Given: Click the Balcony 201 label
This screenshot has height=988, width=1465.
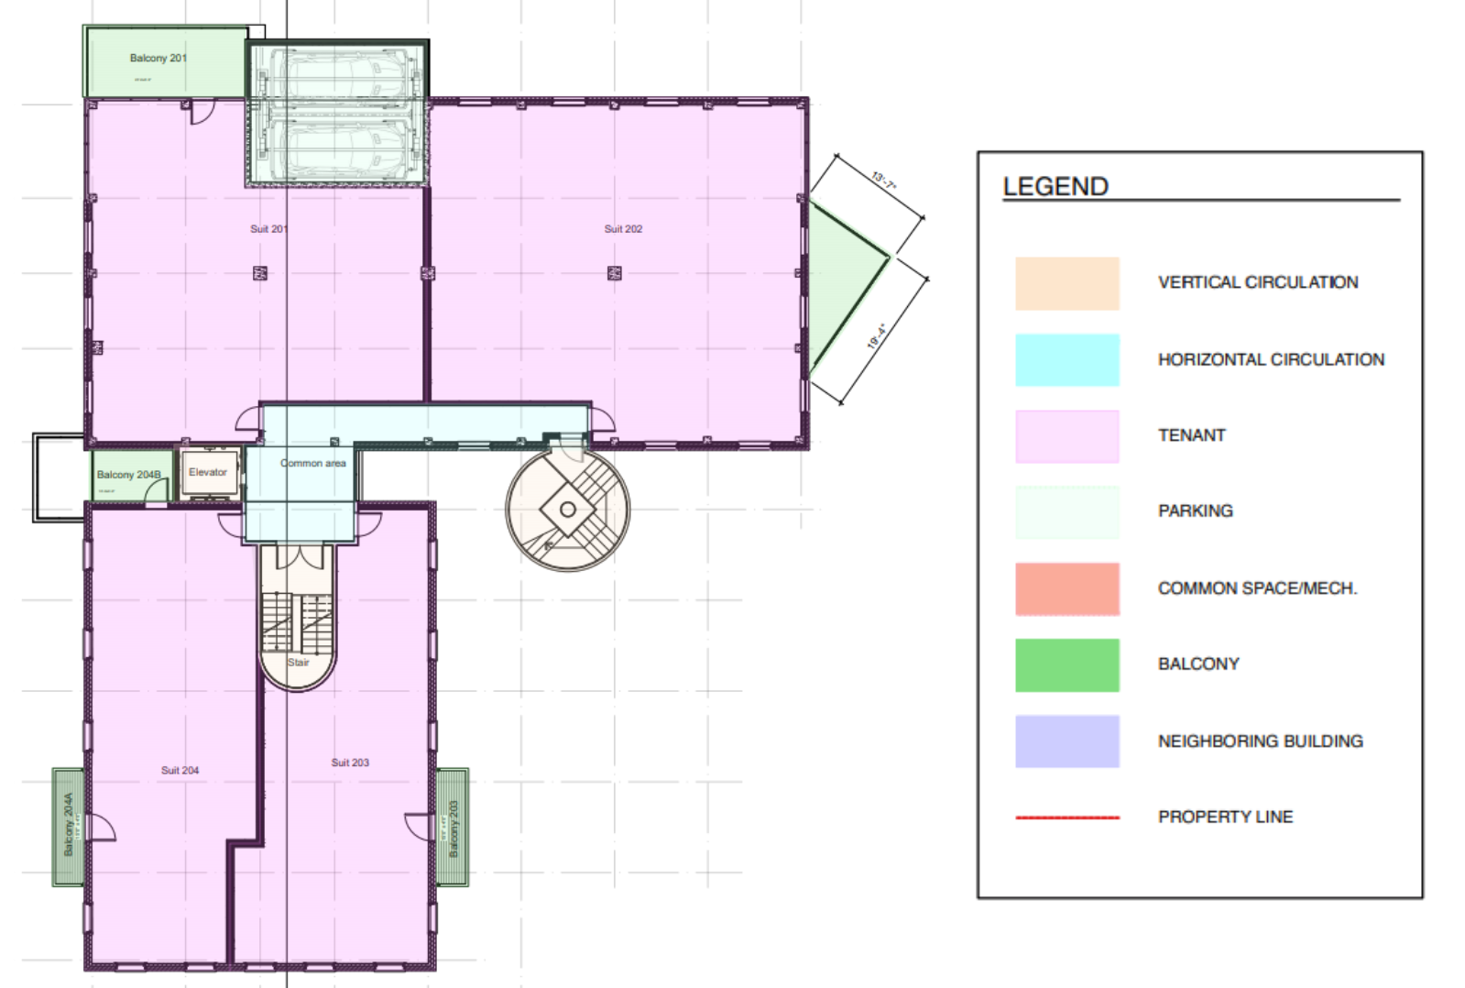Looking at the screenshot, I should pos(158,58).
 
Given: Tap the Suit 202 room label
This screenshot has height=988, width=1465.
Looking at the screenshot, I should pos(623,229).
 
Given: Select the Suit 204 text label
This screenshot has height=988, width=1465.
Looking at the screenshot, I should pos(180,771).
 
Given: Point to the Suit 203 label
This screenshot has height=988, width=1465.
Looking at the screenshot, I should pos(350,763).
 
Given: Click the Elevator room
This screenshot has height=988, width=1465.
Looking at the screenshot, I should pos(209,474).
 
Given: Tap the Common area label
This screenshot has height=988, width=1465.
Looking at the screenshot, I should pos(312,464).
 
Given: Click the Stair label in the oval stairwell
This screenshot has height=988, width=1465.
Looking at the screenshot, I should pos(299,662).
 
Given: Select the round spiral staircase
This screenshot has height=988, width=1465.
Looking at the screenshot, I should pos(568,509).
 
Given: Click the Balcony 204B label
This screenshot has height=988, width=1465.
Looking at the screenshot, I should pos(128,475).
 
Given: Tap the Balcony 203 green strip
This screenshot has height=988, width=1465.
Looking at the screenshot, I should pos(453,828).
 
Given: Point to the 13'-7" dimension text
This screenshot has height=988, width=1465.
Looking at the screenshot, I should pos(883,181).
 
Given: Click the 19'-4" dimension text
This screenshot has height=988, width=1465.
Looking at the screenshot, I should pos(877,335).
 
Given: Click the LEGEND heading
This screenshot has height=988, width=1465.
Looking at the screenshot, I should pos(1055,186).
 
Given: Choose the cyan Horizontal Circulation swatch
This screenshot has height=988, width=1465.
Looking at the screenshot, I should pos(1067,359).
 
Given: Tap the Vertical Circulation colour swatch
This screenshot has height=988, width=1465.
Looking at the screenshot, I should pos(1067,283).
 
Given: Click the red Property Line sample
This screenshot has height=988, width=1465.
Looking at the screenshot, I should pos(1067,817).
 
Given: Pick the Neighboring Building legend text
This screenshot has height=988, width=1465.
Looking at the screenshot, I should pos(1260,741).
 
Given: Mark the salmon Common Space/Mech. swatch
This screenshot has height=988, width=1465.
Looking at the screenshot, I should pos(1067,588).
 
